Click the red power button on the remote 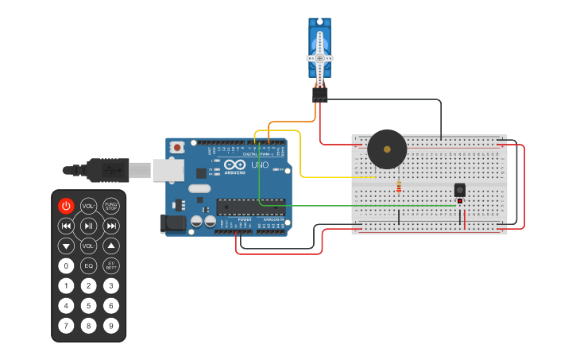click(66, 206)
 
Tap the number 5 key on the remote click(88, 305)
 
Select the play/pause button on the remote click(88, 226)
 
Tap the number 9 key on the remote click(111, 325)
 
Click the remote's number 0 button click(66, 265)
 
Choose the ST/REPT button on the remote click(111, 265)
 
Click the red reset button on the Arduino click(177, 147)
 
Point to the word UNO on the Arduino click(260, 165)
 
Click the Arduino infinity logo click(234, 165)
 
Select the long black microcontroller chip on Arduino click(250, 207)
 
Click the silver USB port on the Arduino click(168, 169)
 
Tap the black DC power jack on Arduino click(172, 224)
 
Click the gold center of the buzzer click(387, 149)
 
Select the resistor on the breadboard click(398, 188)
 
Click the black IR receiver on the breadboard click(459, 190)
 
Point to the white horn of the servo click(319, 57)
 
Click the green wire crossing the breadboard click(358, 206)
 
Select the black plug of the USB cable click(103, 169)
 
